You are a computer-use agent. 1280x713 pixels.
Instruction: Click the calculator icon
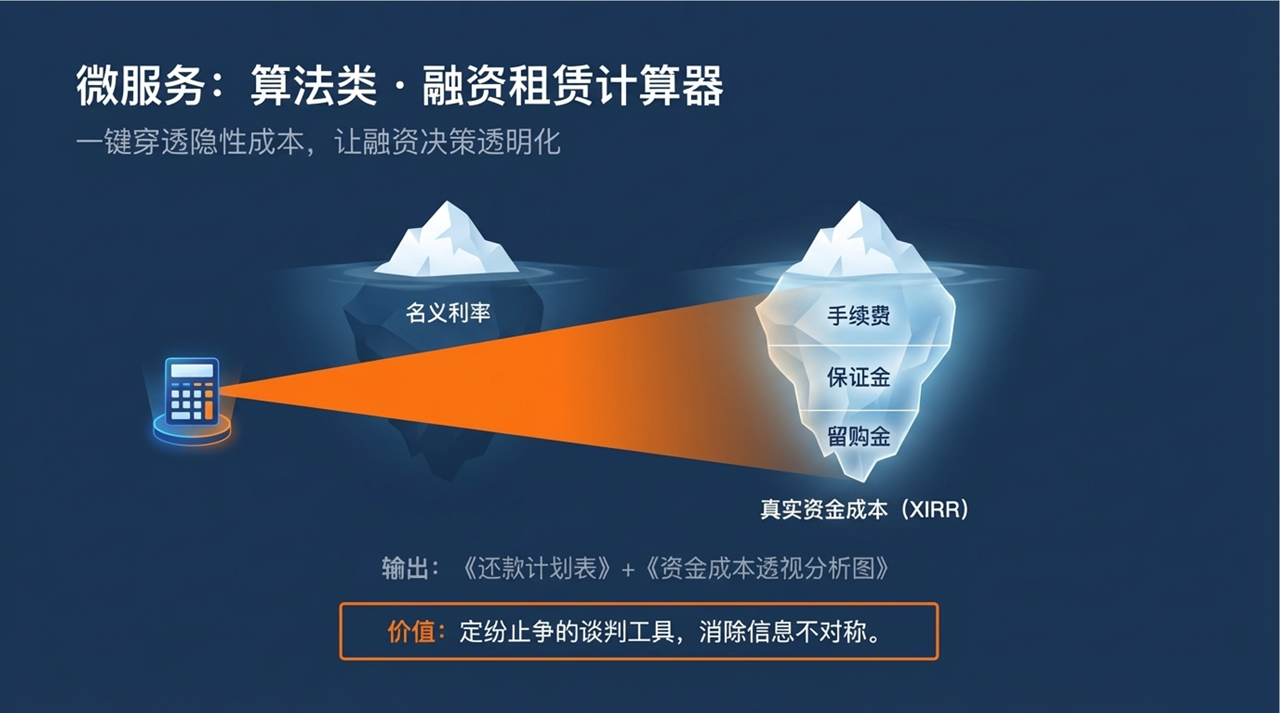coord(192,390)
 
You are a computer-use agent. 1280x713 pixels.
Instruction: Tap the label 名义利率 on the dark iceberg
coord(448,313)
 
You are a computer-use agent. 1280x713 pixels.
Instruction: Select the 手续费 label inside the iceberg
coord(858,316)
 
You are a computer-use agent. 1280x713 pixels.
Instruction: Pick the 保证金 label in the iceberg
coord(858,377)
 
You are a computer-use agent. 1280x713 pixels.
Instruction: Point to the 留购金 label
coord(858,437)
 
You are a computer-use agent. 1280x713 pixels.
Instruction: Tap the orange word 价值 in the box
coord(411,632)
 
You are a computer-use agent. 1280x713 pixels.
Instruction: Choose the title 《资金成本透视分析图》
coord(767,568)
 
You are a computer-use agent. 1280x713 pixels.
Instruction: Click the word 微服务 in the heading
coord(140,86)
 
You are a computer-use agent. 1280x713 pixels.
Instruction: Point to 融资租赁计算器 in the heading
coord(572,86)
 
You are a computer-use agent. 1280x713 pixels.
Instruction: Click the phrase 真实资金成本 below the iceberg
coord(824,510)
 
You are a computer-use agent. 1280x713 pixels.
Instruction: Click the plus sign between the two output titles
coord(628,570)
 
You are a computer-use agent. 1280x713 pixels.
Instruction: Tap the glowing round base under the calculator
coord(192,433)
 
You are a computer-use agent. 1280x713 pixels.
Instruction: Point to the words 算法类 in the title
coord(314,86)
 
